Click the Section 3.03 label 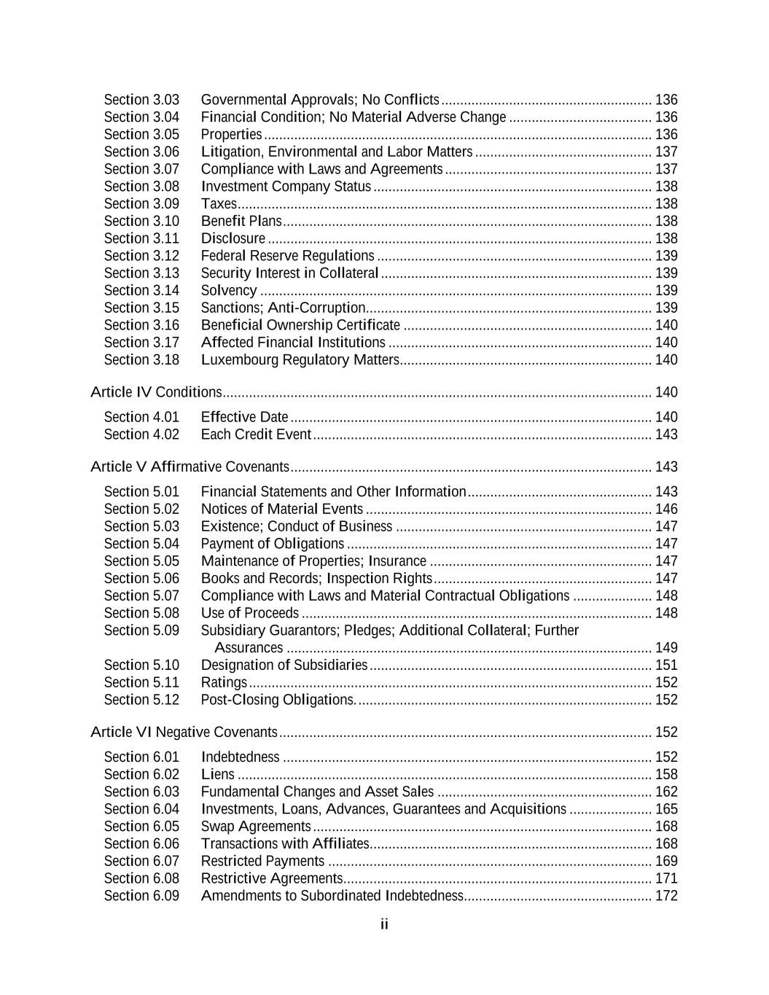(x=141, y=100)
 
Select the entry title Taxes (x=219, y=204)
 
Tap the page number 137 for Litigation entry (x=666, y=152)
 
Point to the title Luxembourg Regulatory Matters (x=300, y=360)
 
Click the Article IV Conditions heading (x=156, y=393)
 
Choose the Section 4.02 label (x=141, y=434)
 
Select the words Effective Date (x=245, y=418)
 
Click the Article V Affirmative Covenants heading (x=190, y=467)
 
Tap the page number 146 (x=666, y=510)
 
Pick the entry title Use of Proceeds (x=250, y=614)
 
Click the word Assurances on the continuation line (x=249, y=648)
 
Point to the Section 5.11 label (x=141, y=683)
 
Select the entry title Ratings (x=224, y=683)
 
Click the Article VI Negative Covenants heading (x=184, y=733)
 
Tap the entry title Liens (x=218, y=775)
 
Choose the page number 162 (x=666, y=792)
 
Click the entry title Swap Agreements (x=256, y=827)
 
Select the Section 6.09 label (x=141, y=896)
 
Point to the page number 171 (x=666, y=878)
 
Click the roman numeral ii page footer (x=384, y=925)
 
